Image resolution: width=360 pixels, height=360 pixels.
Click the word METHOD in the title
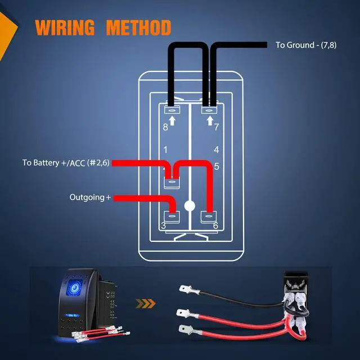[138, 27]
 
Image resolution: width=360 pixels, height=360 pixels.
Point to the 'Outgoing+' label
[91, 197]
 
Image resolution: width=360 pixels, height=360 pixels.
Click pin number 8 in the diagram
[165, 127]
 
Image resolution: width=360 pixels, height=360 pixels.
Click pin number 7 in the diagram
[216, 127]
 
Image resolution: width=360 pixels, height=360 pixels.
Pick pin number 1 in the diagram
[165, 150]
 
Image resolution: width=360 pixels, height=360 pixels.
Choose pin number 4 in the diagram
[216, 150]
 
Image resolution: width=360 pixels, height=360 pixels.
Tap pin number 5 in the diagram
[216, 166]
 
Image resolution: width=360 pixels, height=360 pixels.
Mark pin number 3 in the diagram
[163, 226]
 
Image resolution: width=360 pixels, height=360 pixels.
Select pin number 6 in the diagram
[216, 226]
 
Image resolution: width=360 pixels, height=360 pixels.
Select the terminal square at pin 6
[208, 215]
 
